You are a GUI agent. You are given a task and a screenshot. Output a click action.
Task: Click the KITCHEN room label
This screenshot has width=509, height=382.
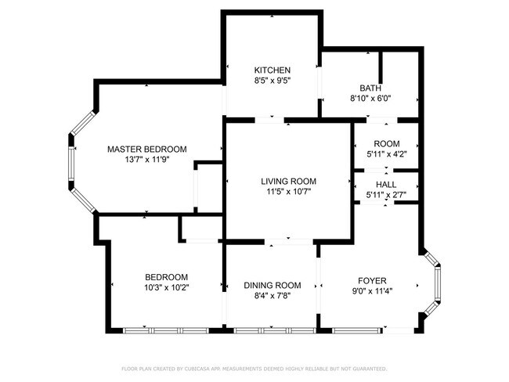pos(272,70)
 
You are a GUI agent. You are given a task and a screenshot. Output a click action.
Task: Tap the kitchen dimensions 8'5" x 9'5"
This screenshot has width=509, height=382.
pos(272,80)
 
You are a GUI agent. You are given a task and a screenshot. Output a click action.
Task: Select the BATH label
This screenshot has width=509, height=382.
pos(370,88)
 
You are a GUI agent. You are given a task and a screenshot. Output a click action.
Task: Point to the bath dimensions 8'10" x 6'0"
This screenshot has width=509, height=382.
pos(370,99)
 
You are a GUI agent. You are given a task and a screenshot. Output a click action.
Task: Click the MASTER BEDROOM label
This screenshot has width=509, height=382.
pos(147,149)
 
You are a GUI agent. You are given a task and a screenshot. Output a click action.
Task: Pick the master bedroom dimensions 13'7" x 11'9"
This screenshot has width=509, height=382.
pos(147,159)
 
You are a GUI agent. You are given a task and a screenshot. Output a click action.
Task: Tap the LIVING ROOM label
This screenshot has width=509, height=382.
pos(287,181)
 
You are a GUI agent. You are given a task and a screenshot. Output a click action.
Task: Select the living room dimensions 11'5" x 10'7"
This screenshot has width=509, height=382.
pos(287,191)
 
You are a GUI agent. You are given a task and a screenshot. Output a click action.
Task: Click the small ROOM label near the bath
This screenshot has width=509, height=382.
pos(386,144)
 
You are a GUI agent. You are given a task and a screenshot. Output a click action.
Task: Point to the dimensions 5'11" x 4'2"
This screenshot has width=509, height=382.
pos(386,154)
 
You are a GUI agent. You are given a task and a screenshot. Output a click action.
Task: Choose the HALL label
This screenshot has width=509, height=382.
pos(386,185)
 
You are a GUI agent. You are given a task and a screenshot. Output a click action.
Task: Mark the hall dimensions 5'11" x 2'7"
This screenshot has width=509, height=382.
pos(386,195)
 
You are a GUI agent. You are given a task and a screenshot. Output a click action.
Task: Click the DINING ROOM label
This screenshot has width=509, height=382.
pos(272,285)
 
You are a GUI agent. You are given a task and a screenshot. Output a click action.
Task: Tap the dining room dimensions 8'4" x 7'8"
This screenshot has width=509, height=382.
pos(272,295)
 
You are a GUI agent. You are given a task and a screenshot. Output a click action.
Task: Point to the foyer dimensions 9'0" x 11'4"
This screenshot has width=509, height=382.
pos(372,291)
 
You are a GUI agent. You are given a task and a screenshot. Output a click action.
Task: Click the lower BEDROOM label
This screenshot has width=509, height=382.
pos(166,277)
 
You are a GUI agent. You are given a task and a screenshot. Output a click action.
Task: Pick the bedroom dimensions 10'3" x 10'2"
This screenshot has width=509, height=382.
pos(166,287)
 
